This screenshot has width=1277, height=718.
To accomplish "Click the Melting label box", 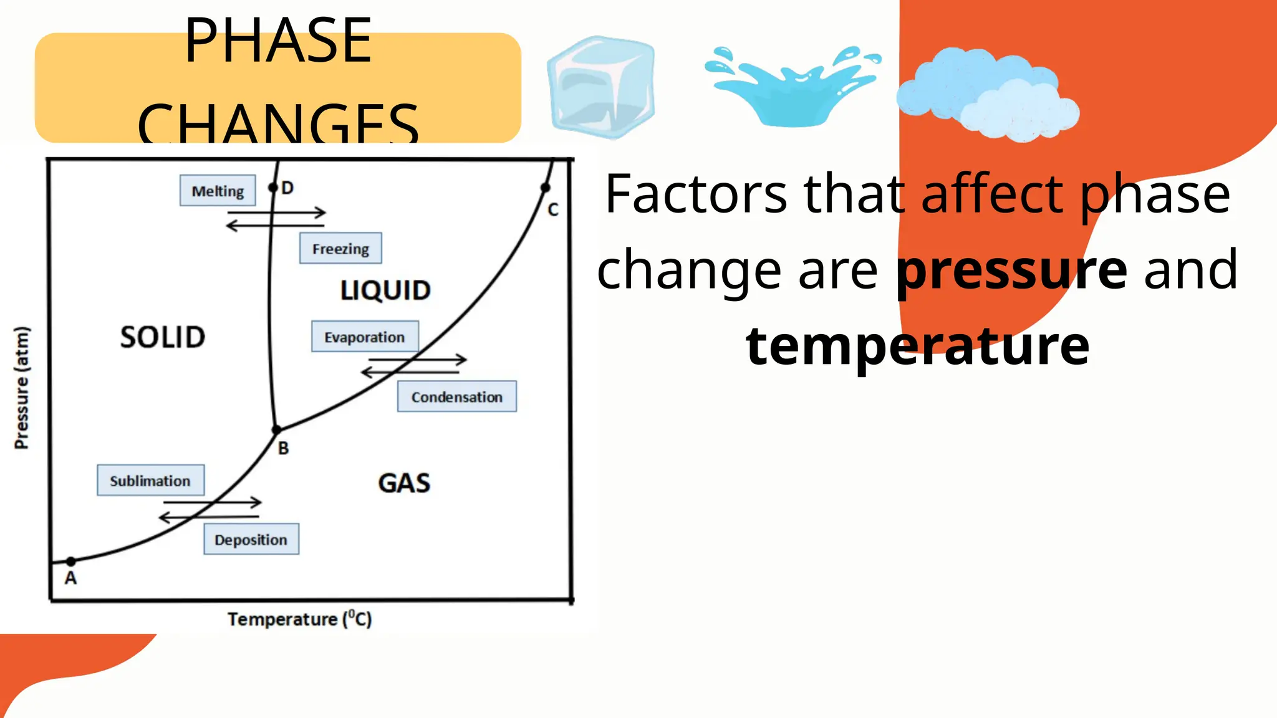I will point(218,191).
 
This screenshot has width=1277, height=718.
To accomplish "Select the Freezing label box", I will point(340,249).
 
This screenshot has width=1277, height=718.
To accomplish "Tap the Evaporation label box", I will point(365,337).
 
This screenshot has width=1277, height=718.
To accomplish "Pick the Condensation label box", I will point(456,397).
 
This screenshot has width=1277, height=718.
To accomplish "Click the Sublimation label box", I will point(150,481).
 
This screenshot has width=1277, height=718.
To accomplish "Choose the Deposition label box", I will point(251,539).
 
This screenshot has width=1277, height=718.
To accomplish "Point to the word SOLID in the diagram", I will point(163,337).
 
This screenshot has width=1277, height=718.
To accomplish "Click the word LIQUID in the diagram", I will point(385,290).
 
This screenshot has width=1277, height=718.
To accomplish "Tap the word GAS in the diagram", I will point(404,483).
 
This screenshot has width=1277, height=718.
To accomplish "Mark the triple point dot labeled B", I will point(277,429).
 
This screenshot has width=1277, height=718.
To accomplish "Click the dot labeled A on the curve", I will point(71,562).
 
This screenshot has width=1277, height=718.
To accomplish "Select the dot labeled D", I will point(272,188).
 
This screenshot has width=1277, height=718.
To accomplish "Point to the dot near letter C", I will point(545,188).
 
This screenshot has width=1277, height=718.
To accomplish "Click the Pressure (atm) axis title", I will point(22,387).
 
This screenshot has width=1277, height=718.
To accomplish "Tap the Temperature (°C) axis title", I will point(299,619).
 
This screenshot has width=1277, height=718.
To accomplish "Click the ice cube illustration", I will point(601,87).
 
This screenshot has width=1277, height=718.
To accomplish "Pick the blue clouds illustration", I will point(988,93).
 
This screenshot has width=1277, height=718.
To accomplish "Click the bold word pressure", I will point(1011,270).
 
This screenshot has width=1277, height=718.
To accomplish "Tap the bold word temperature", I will point(917,346).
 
